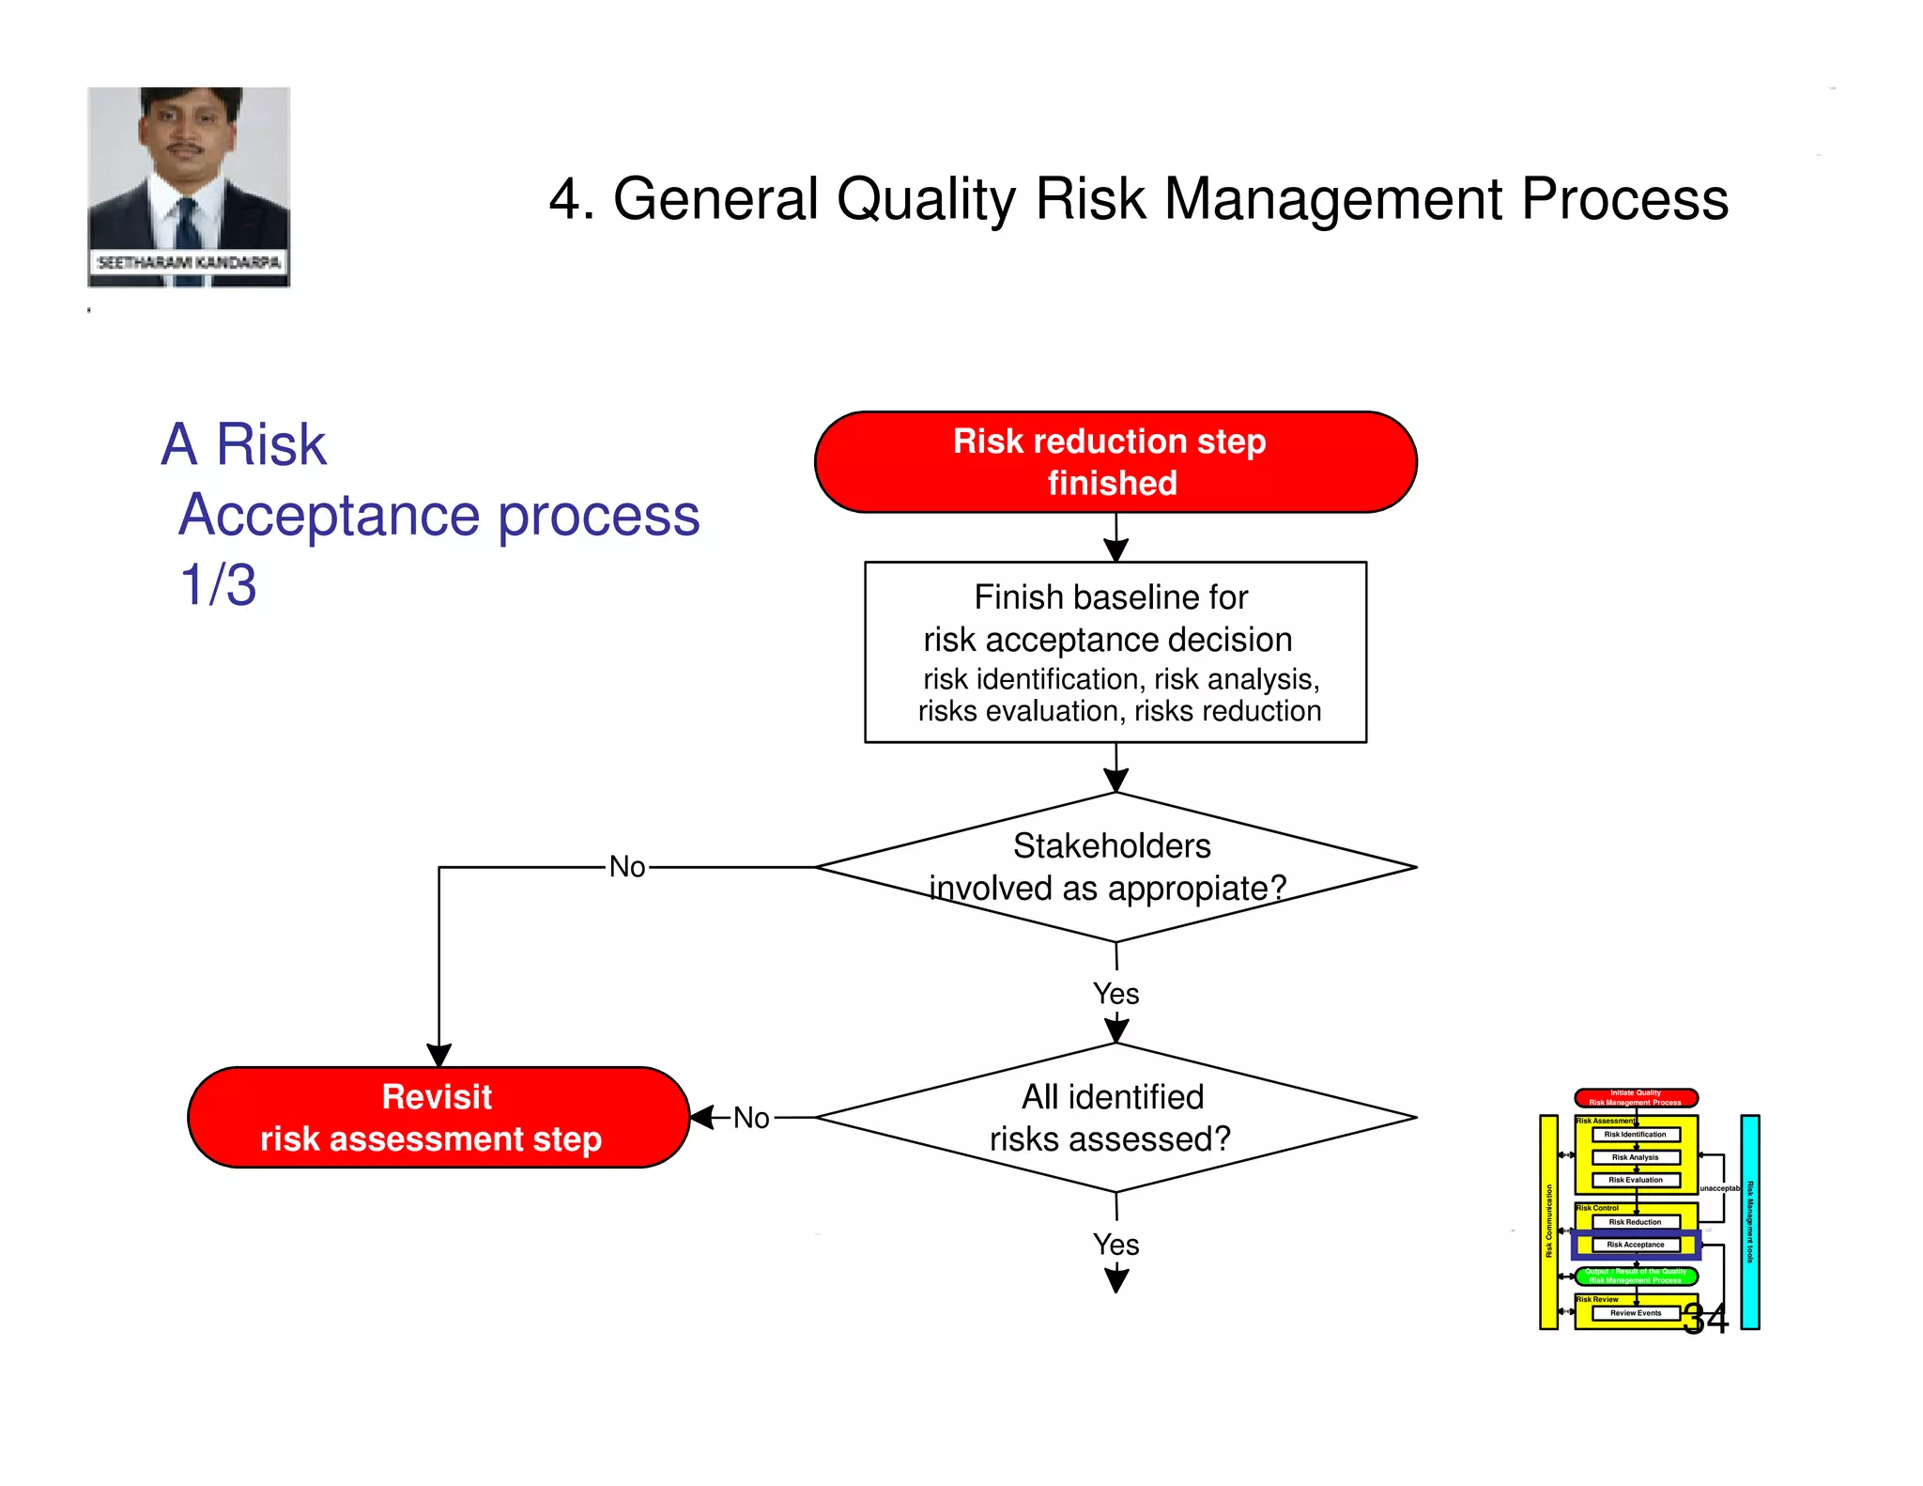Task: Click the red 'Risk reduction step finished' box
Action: point(1115,462)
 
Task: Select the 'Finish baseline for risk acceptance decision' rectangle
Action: point(1115,652)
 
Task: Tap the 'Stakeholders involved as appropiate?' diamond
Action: point(1115,867)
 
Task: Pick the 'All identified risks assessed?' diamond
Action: point(1115,1117)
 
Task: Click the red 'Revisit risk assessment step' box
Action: point(438,1117)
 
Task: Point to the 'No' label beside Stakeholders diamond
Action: point(626,866)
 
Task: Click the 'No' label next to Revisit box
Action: point(751,1118)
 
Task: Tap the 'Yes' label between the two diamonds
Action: point(1115,994)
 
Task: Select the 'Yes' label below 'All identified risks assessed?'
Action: point(1115,1245)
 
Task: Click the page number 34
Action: point(1705,1319)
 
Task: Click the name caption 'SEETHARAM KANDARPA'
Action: point(189,262)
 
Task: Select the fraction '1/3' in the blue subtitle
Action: point(218,584)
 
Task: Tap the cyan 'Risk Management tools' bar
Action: point(1749,1221)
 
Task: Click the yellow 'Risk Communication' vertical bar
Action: point(1548,1221)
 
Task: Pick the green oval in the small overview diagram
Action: point(1636,1276)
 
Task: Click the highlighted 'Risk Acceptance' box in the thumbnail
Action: point(1636,1245)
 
